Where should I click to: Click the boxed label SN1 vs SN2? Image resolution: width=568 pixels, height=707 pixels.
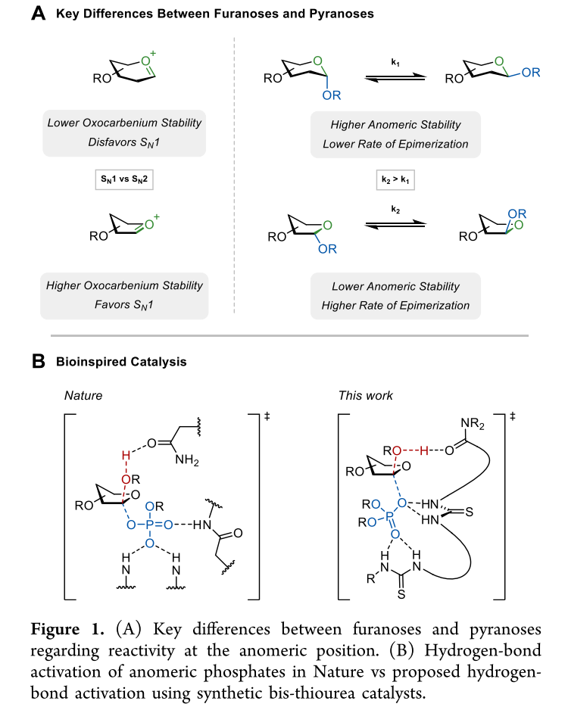(124, 182)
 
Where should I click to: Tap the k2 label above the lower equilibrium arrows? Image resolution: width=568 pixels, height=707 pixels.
(395, 208)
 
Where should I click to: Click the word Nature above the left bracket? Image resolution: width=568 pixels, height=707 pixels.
(83, 395)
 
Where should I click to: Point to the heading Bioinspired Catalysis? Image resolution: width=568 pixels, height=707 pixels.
(121, 362)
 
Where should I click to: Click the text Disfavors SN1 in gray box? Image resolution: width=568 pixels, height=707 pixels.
(124, 141)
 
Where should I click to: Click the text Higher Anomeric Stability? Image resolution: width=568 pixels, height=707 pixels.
(395, 124)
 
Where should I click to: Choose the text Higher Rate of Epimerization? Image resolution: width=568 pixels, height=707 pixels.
(395, 306)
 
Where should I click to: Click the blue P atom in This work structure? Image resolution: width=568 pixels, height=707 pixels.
(390, 516)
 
